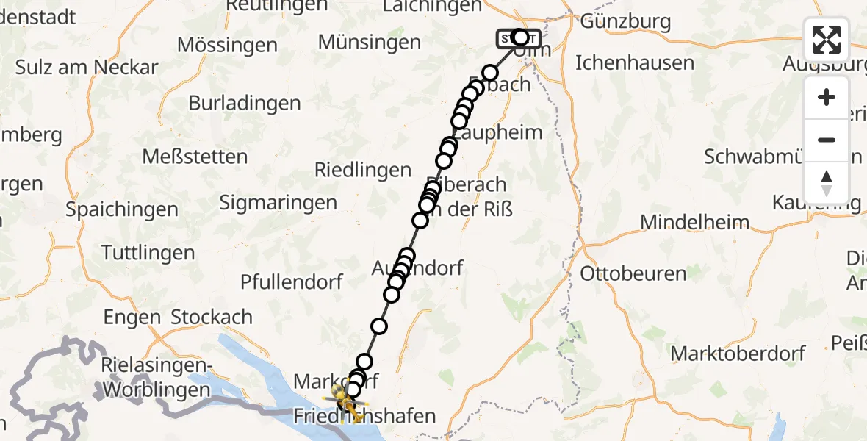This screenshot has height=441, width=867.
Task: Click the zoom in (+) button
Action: pos(827,97)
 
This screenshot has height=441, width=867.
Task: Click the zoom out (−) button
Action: pos(827,140)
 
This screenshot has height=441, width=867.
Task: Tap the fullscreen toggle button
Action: pos(827,40)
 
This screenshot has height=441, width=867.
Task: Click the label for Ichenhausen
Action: pos(635,62)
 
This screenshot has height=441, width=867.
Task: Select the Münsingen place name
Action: pos(370,42)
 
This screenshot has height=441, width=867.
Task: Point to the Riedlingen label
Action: pos(363,171)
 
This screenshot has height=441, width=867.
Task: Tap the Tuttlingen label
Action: pos(148,254)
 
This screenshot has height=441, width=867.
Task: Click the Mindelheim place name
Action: pos(695,222)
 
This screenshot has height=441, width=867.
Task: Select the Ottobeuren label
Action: pos(633,274)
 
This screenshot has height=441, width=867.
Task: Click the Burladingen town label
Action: pos(245,103)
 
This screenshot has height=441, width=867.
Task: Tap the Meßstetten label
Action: pos(195,157)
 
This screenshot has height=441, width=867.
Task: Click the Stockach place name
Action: pos(212,318)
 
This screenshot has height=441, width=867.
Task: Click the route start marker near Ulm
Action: pos(519,38)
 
